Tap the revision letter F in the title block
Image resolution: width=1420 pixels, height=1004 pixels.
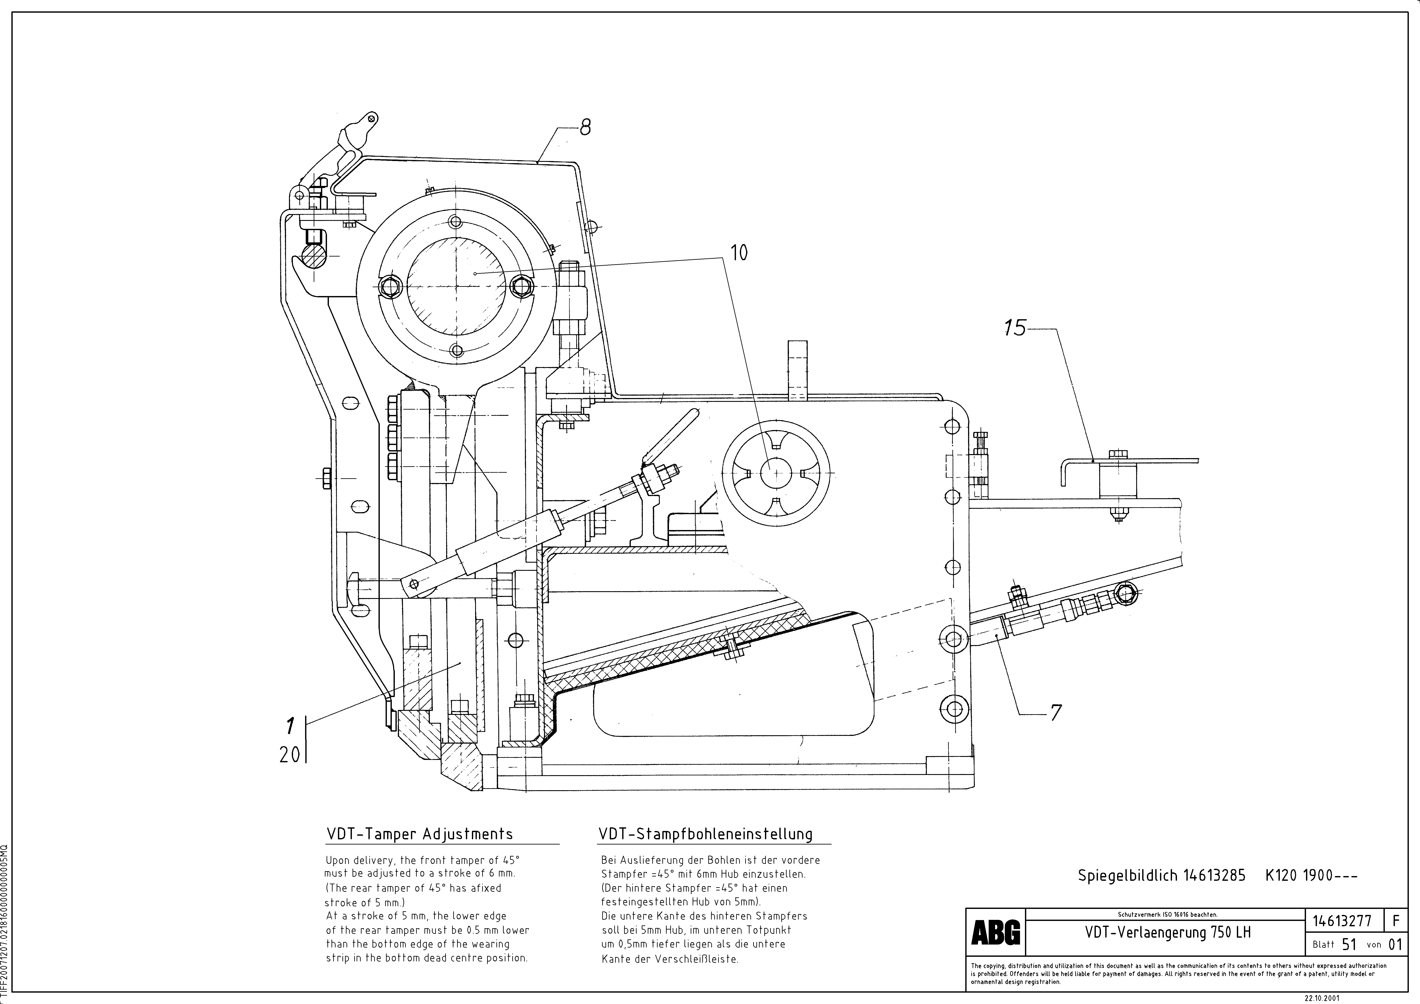coord(1396,920)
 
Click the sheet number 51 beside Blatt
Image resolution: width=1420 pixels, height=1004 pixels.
coord(1350,945)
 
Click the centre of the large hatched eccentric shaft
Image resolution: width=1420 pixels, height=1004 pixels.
coord(456,286)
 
